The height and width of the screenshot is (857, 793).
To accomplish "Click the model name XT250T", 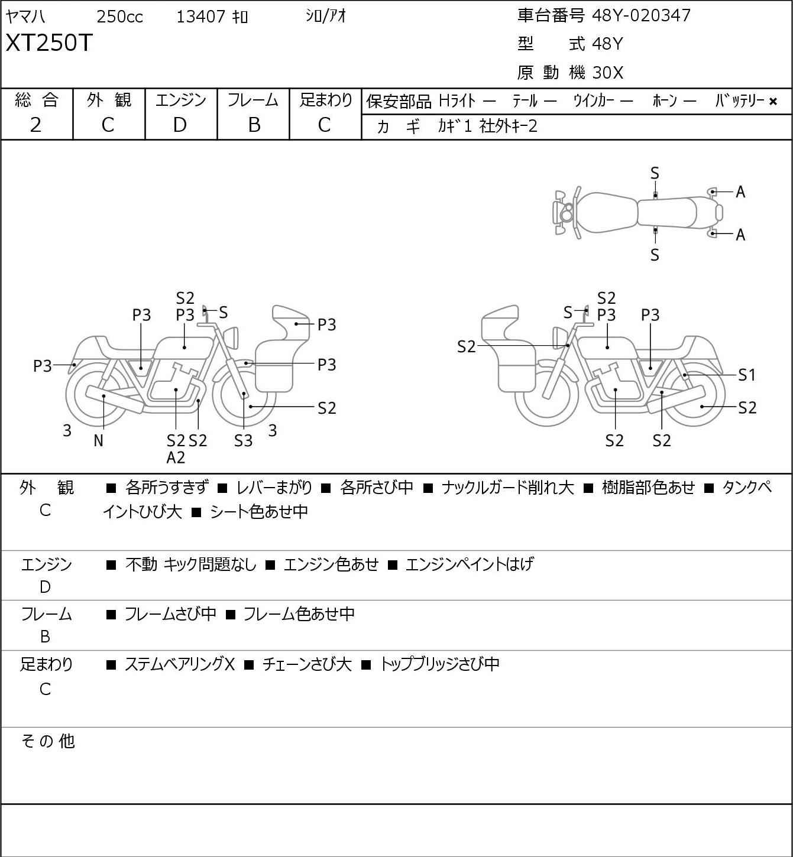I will click(49, 43).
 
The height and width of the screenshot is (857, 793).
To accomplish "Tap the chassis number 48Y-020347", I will click(641, 15).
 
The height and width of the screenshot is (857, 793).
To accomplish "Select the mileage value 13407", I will click(200, 17).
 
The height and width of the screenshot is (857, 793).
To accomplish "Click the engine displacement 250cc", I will click(119, 17).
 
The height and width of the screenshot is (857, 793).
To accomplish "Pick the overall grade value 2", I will click(36, 125).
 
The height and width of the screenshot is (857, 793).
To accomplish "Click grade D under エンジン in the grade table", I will click(180, 125).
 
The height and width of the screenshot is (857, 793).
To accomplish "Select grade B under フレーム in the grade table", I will click(254, 125).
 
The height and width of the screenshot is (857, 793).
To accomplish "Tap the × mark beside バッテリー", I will click(773, 102).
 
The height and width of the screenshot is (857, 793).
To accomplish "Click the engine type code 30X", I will click(607, 73).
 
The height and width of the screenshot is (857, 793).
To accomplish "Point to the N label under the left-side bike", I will click(98, 440).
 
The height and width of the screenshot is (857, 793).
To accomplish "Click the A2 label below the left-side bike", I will click(176, 457).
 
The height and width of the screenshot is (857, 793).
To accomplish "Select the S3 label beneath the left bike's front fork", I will click(243, 440).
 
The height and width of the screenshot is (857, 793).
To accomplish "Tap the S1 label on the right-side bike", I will click(747, 375).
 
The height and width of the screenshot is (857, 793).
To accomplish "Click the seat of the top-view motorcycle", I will click(667, 212).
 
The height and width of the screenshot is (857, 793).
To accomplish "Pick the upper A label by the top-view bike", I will click(740, 192).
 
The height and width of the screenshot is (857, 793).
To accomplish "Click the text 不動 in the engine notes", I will click(141, 564).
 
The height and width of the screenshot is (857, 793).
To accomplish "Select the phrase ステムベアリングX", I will click(179, 664).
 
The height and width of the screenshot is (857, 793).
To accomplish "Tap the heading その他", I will click(47, 741).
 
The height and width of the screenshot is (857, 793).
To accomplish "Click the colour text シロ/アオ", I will click(325, 17).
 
